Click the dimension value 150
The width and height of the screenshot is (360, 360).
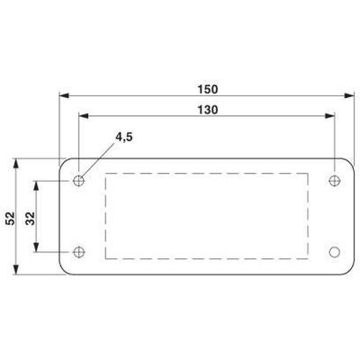(206, 88)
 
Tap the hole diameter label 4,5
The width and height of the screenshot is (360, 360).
(125, 139)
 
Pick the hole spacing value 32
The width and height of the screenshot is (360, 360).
(31, 219)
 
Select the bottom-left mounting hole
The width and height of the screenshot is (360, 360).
(80, 251)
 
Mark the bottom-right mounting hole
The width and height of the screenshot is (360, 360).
(335, 251)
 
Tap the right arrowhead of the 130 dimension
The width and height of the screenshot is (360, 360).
(331, 114)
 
